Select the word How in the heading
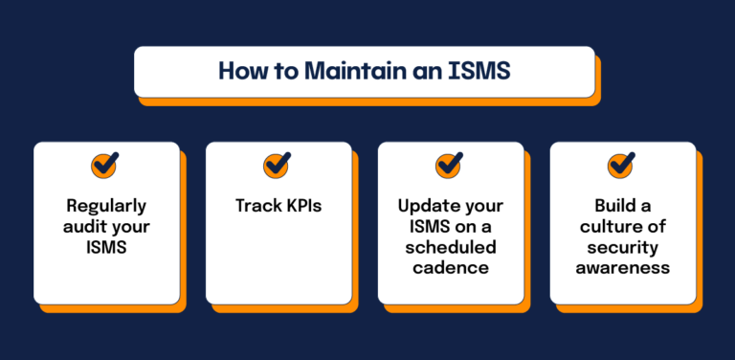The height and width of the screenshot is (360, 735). click(x=240, y=72)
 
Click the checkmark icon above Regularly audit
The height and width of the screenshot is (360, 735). click(x=105, y=165)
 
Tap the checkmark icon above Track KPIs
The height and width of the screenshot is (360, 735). click(x=278, y=165)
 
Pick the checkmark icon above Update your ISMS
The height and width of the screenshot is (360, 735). click(x=450, y=165)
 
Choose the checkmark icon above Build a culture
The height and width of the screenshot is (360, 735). click(x=622, y=165)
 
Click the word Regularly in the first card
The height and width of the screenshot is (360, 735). click(x=106, y=205)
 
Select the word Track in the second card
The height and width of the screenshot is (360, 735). click(x=256, y=205)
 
